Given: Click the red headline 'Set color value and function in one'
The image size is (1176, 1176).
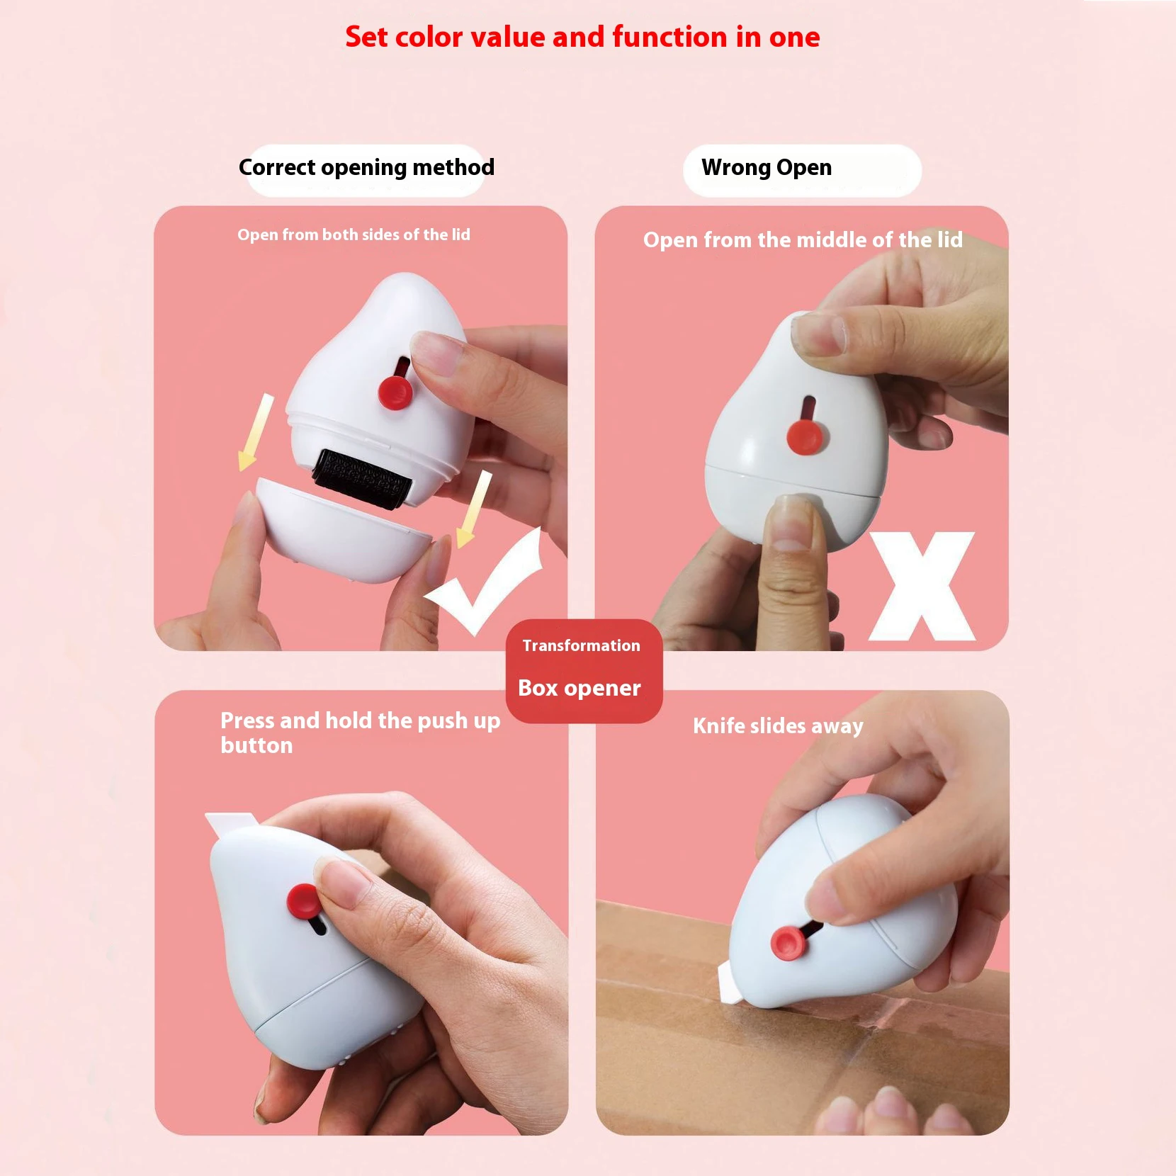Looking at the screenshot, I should (582, 37).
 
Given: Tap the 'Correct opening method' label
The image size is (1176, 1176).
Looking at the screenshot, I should (366, 168).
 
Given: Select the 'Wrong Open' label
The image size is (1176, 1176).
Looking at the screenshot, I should (767, 168).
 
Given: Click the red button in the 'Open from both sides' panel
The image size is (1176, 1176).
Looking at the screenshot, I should (395, 392).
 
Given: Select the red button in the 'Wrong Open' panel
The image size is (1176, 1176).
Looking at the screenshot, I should (805, 435).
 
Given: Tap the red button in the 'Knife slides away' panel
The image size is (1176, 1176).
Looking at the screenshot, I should (788, 942).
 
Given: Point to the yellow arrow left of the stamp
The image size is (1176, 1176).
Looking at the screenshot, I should (255, 432).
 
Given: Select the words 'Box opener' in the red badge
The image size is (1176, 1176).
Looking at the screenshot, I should (579, 688).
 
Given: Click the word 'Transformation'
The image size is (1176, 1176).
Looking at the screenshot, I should (581, 645).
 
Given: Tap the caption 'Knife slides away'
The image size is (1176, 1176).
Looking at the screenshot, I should (778, 726).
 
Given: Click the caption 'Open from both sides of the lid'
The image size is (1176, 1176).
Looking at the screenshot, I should (354, 234).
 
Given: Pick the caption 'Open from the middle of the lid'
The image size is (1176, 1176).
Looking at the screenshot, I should (803, 240).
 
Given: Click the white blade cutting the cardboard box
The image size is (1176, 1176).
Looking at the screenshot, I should (729, 985).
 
